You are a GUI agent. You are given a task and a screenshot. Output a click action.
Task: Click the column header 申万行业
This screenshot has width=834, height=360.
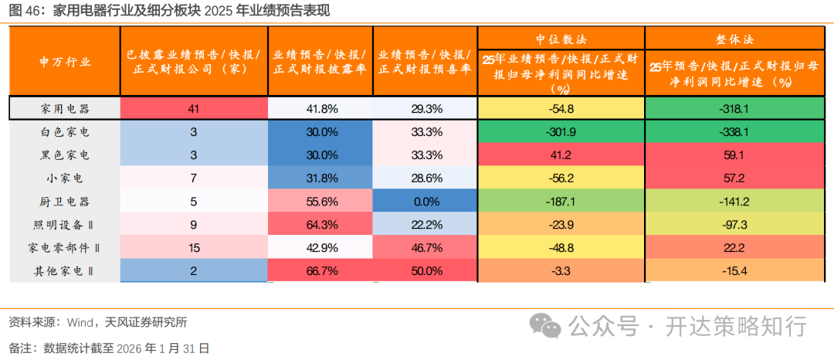(x=65, y=62)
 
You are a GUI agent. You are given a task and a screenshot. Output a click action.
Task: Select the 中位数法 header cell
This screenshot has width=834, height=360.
(x=561, y=38)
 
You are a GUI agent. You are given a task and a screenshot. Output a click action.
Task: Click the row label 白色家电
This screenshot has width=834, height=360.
(x=65, y=132)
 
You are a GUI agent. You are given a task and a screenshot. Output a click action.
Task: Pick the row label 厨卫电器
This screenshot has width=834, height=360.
(x=65, y=202)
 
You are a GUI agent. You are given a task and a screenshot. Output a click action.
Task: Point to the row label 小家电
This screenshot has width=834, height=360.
(x=65, y=178)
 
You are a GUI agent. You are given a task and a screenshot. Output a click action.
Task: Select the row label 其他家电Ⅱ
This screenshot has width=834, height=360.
(x=65, y=271)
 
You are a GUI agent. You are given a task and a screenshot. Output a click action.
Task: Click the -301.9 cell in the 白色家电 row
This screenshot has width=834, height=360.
(x=561, y=132)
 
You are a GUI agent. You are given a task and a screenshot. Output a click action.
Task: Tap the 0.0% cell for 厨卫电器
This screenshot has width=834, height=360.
(x=425, y=202)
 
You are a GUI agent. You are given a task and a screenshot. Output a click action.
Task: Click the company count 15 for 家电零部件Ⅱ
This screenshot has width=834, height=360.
(x=193, y=248)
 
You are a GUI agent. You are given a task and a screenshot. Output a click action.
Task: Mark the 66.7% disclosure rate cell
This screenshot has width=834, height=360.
(x=320, y=271)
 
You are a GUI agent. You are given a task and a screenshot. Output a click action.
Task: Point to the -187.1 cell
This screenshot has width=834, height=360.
(x=561, y=202)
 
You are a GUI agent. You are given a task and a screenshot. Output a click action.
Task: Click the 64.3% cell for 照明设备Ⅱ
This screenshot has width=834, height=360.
(x=320, y=225)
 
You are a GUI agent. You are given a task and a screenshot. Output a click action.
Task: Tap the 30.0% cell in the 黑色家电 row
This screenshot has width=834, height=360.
(x=320, y=155)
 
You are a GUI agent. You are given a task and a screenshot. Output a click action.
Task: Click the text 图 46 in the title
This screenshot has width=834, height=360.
(x=24, y=10)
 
